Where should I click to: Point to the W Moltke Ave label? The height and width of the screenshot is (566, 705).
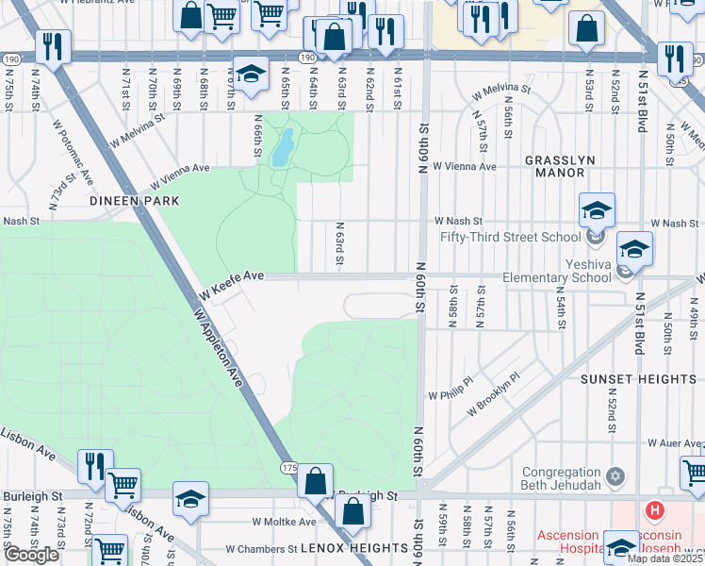[284, 522]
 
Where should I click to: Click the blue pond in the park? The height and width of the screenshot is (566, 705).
[281, 148]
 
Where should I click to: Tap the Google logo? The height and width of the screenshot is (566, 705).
[31, 555]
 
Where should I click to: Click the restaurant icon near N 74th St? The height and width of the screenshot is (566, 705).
[52, 47]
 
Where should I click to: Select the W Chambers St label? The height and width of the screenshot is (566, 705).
[261, 548]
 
